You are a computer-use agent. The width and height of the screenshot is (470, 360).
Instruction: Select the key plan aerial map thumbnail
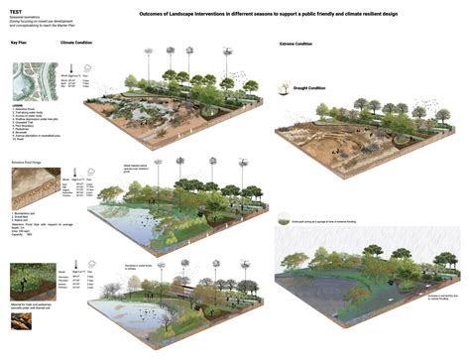(x=30, y=81)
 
